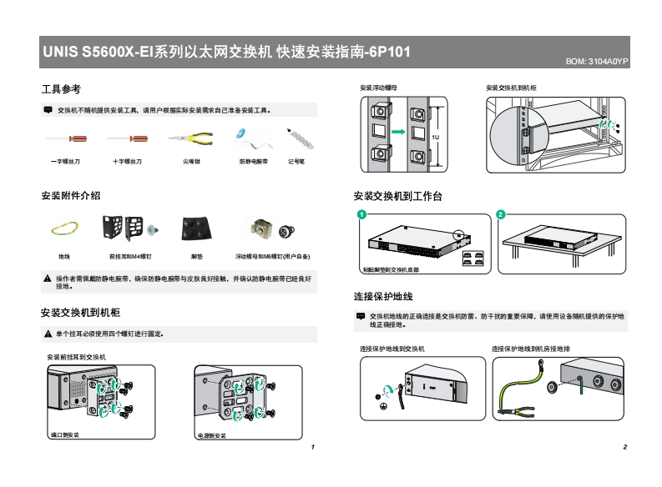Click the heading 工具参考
(x=61, y=89)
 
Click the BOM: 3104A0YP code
(x=597, y=63)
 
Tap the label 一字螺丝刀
(x=65, y=161)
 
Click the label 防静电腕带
(x=254, y=161)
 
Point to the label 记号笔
(x=296, y=161)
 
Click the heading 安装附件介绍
(x=71, y=196)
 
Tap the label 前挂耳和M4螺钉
(x=130, y=257)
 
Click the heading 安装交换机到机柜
(x=81, y=313)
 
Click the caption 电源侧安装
(x=212, y=435)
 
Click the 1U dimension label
(x=436, y=136)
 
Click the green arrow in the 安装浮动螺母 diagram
(x=397, y=132)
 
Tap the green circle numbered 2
(x=500, y=215)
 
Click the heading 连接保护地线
(x=384, y=297)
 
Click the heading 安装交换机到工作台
(x=398, y=196)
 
